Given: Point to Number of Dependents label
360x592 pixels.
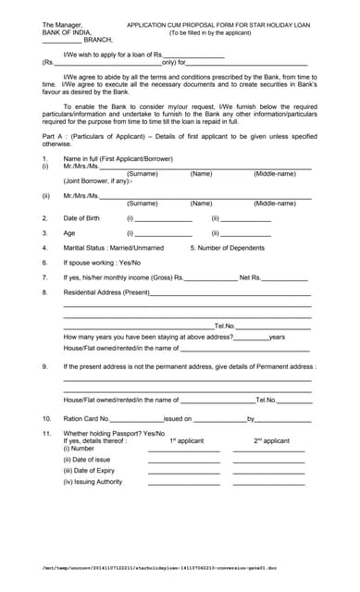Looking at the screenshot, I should coord(228,248).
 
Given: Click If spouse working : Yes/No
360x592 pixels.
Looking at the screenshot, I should coord(102,263).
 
